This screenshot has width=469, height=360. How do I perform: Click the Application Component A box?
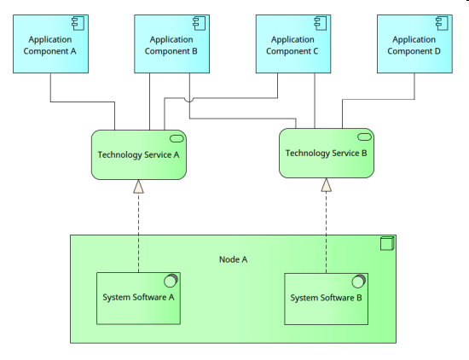(50, 44)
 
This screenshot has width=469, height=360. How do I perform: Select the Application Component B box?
(171, 44)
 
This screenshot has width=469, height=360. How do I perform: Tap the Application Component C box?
(293, 44)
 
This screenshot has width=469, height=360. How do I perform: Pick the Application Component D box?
(414, 44)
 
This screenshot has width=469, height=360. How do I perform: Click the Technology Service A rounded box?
(139, 154)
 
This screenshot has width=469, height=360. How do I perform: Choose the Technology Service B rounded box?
(327, 154)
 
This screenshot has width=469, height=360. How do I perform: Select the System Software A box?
(138, 299)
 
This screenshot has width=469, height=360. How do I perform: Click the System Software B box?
(326, 299)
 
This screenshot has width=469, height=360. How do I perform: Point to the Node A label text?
(234, 259)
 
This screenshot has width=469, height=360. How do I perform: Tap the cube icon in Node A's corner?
(387, 243)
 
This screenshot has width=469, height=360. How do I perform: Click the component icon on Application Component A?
(78, 23)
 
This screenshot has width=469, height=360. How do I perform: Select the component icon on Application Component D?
(442, 23)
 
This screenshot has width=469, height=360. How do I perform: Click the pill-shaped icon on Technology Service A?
(177, 138)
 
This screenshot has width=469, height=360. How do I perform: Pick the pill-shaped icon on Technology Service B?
(364, 137)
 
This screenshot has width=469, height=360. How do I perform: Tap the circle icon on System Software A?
(171, 281)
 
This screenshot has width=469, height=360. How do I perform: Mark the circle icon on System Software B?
(359, 282)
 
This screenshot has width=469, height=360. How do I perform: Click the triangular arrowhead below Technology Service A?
(138, 187)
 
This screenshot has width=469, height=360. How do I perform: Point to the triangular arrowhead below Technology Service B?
(326, 185)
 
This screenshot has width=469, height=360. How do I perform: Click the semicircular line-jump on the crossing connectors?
(189, 100)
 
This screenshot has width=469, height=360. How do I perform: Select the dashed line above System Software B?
(326, 233)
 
